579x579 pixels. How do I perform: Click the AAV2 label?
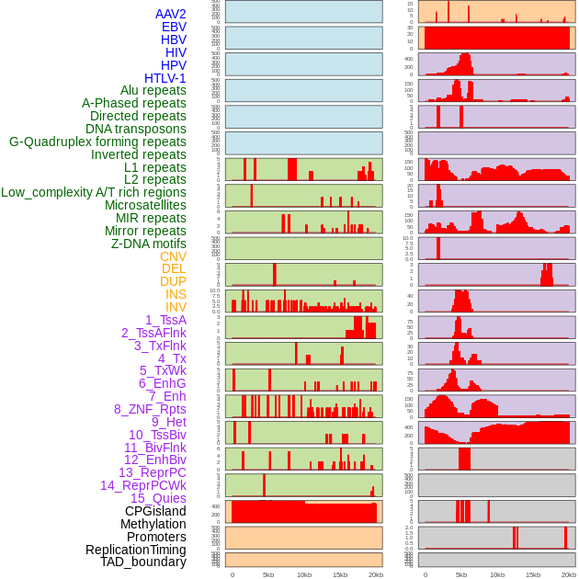(171, 14)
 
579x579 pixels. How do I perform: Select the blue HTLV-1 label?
(165, 78)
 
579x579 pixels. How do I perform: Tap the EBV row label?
(174, 27)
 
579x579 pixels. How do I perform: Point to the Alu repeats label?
(153, 90)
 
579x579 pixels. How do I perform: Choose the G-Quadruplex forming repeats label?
(97, 142)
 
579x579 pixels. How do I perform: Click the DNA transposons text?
(136, 129)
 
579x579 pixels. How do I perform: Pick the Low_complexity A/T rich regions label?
(94, 192)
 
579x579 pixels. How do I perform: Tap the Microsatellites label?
(145, 205)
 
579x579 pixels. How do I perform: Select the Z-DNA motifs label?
(149, 244)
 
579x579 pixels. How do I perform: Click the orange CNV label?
(173, 256)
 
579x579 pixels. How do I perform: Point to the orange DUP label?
(173, 281)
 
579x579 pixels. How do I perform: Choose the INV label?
(176, 307)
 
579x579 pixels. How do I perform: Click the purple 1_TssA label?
(165, 320)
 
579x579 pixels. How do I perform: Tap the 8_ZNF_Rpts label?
(150, 409)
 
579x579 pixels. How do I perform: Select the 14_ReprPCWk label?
(143, 485)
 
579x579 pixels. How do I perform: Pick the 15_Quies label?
(158, 498)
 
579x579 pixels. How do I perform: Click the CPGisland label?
(155, 511)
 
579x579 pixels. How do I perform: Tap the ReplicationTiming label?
(136, 550)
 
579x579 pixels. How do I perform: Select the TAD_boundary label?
(143, 562)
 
